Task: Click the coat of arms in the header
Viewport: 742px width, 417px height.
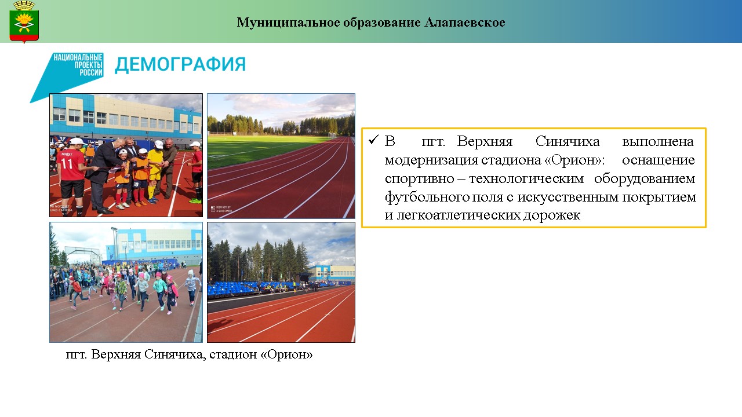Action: click(x=24, y=22)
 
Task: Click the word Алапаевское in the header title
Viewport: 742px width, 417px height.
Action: click(x=465, y=23)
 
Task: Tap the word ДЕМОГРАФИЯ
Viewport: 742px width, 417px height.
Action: click(x=180, y=64)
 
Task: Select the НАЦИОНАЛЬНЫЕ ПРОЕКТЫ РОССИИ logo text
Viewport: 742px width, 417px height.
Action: click(x=78, y=65)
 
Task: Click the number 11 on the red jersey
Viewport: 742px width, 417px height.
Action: click(x=67, y=163)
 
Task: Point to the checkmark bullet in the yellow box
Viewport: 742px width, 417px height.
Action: click(x=374, y=140)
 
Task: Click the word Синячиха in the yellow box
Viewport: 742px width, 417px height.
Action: click(x=568, y=141)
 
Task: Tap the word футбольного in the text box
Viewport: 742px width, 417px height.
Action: click(x=427, y=197)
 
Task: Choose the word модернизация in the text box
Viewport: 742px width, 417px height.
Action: click(x=431, y=160)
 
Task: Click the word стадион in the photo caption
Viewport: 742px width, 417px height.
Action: click(x=233, y=354)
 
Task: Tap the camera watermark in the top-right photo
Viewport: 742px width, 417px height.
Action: click(x=221, y=209)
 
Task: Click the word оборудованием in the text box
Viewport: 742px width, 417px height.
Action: click(x=644, y=179)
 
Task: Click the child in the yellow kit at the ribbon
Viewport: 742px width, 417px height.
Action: click(x=154, y=172)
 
